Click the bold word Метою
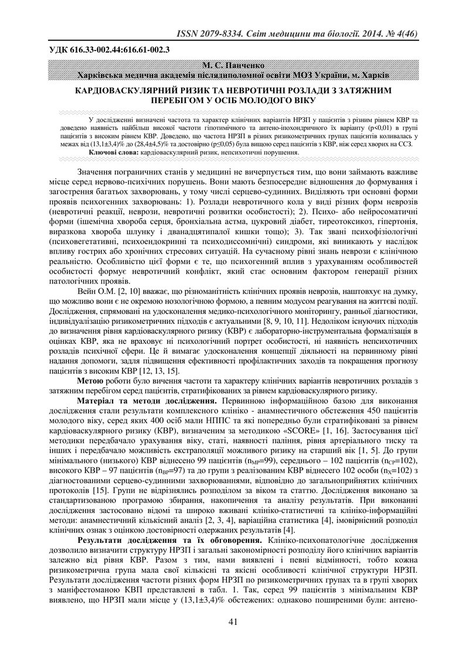91,381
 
